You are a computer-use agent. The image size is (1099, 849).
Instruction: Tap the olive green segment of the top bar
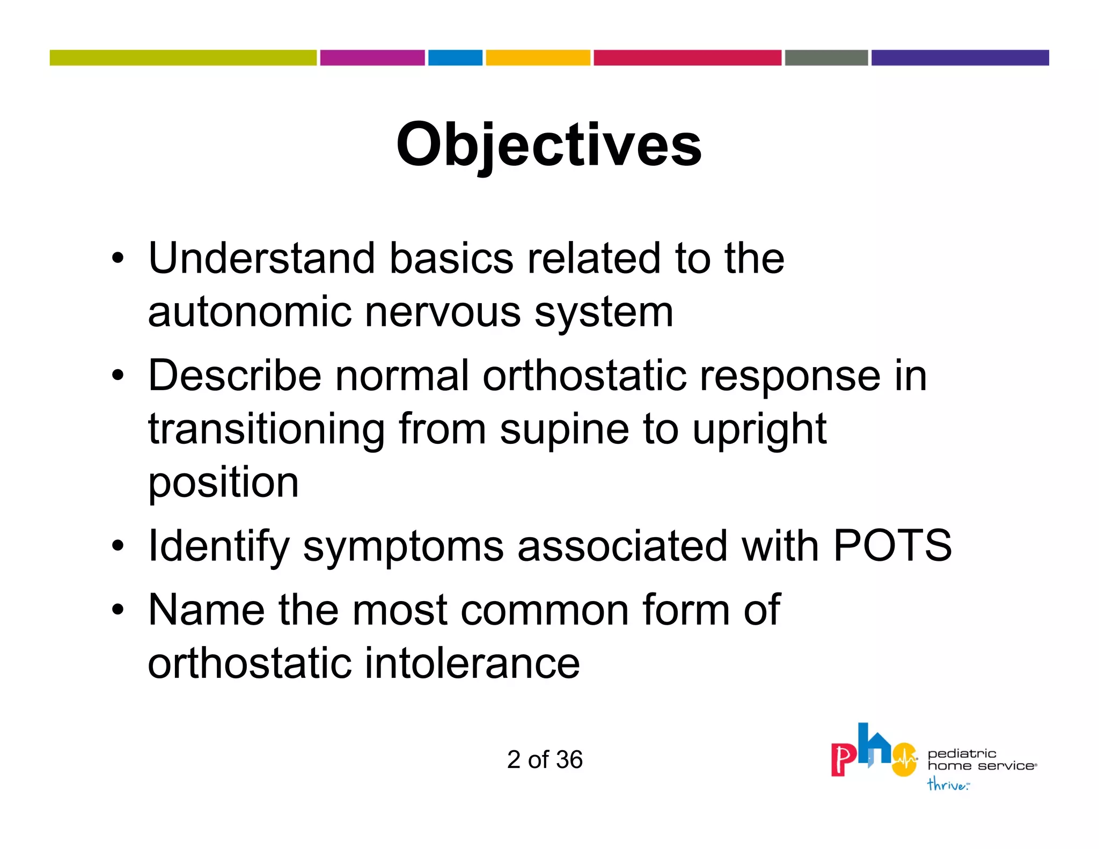click(183, 57)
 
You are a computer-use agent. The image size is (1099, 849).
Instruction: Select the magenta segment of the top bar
click(372, 57)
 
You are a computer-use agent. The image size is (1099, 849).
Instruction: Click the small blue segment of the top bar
click(455, 57)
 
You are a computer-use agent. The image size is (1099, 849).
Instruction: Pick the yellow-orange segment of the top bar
click(538, 57)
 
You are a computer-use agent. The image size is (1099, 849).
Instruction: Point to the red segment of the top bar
click(687, 57)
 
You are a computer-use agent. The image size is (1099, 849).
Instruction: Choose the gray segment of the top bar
click(826, 57)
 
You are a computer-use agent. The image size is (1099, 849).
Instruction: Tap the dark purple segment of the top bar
click(959, 57)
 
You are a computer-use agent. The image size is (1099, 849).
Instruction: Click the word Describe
click(235, 376)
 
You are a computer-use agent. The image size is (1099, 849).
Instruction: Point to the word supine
click(564, 429)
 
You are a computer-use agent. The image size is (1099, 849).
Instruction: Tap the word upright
click(759, 429)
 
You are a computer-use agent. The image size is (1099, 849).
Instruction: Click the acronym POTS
click(892, 546)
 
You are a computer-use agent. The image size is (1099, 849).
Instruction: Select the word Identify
click(218, 546)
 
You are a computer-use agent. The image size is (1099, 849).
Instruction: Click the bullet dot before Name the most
click(118, 610)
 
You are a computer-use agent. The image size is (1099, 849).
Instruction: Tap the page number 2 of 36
click(545, 759)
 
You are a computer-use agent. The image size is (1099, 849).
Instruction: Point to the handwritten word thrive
click(947, 785)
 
